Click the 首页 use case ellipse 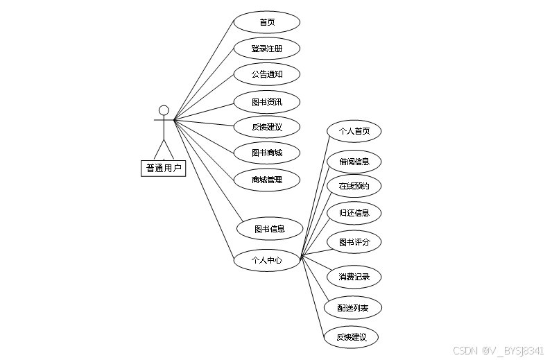(x=267, y=22)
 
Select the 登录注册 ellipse (x=267, y=49)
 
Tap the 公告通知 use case (x=267, y=74)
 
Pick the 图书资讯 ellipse (x=267, y=102)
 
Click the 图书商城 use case (x=267, y=153)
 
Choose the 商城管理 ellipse (x=267, y=180)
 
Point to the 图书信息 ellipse (x=270, y=228)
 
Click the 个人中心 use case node (x=267, y=260)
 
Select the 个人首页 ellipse (x=354, y=131)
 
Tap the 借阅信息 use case (x=354, y=162)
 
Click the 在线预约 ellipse (x=354, y=186)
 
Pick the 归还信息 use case (x=354, y=213)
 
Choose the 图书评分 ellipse (x=354, y=242)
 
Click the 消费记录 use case (x=354, y=277)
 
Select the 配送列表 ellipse (x=353, y=307)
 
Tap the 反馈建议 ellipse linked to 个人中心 (x=352, y=337)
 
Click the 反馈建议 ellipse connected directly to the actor (x=267, y=126)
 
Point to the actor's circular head (x=164, y=110)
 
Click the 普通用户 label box (x=164, y=168)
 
